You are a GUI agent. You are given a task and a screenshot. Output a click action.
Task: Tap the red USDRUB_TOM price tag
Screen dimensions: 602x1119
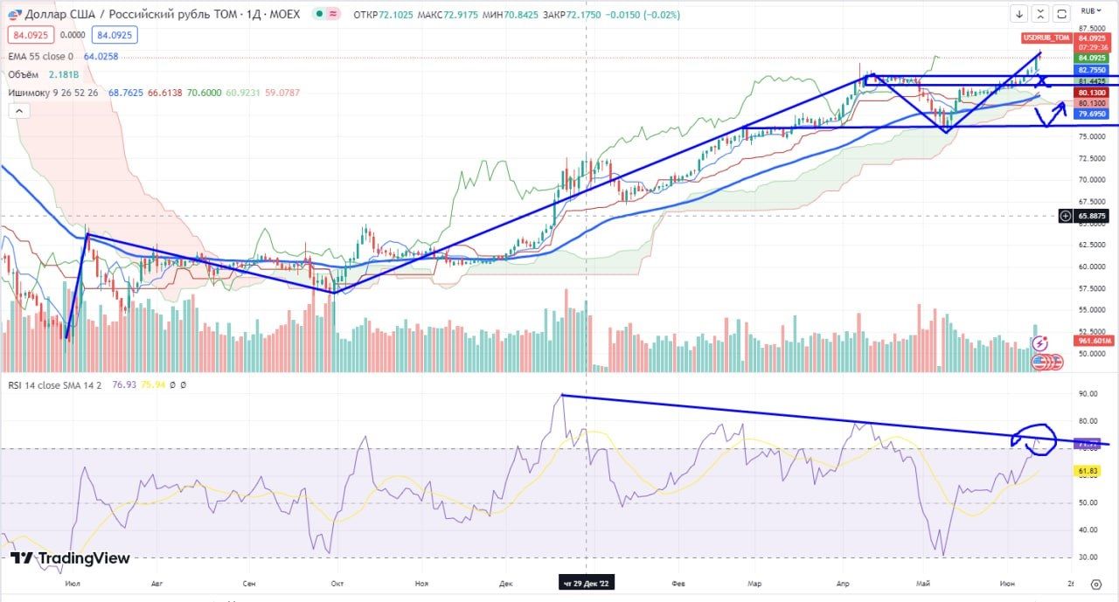coord(1046,38)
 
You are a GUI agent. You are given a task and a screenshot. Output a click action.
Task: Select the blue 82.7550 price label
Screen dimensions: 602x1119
coord(1093,70)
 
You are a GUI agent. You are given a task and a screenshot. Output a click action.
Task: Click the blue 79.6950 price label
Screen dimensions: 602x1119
coord(1093,114)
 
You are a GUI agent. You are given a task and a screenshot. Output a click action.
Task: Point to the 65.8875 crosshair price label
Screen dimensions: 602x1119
coord(1093,216)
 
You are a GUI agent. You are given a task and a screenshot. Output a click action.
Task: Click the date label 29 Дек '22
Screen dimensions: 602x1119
coord(587,584)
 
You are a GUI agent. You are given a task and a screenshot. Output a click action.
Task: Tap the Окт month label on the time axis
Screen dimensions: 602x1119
coord(337,584)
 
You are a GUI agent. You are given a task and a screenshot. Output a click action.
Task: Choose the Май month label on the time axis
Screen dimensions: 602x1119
coord(923,584)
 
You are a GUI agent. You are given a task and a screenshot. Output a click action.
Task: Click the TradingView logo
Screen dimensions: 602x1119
coord(71,558)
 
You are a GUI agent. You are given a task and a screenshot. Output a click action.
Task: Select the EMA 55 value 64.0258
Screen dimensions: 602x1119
coord(101,56)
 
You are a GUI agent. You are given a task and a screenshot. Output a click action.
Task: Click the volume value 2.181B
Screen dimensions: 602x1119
coord(66,74)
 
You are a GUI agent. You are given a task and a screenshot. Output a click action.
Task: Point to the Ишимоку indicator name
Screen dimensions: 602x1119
coord(31,92)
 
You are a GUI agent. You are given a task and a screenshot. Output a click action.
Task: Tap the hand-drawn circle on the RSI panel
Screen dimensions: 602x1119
coord(1035,440)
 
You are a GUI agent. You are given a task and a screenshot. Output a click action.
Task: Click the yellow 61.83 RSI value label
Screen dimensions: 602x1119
coord(1088,471)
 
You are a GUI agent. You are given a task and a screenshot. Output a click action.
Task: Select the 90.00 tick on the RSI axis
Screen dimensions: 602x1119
coord(1088,394)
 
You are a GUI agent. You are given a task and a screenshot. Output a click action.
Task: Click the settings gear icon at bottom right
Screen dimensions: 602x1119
coord(1095,584)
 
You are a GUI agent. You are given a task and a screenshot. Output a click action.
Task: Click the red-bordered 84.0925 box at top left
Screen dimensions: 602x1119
coord(32,36)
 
